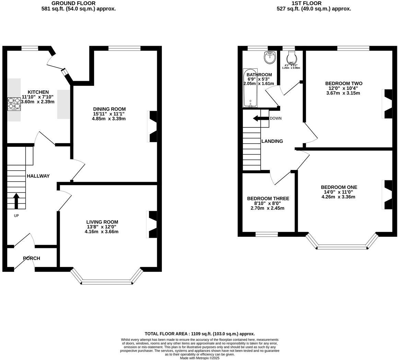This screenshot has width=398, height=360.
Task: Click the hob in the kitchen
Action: (x=14, y=104)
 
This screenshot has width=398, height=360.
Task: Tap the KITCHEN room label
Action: (x=38, y=92)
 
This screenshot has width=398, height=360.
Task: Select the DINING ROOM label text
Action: (x=109, y=109)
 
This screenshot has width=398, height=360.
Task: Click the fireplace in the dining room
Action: (x=153, y=126)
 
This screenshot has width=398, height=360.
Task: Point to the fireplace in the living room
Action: (x=152, y=224)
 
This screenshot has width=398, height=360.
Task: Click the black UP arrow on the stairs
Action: (x=16, y=201)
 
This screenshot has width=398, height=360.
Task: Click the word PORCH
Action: (x=32, y=258)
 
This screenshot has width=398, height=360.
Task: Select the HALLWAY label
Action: (x=38, y=176)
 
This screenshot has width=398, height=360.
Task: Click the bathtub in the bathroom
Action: (x=250, y=88)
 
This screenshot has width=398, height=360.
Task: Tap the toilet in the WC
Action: (x=291, y=57)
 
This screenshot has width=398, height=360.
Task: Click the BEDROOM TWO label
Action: (x=343, y=83)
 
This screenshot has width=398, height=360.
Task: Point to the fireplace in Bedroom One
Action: (x=387, y=194)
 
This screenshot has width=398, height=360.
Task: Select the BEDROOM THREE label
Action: (x=268, y=199)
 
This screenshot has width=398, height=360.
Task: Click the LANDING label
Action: (x=272, y=141)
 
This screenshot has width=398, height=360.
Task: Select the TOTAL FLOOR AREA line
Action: (x=199, y=334)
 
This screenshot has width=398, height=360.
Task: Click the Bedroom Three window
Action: (x=267, y=235)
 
